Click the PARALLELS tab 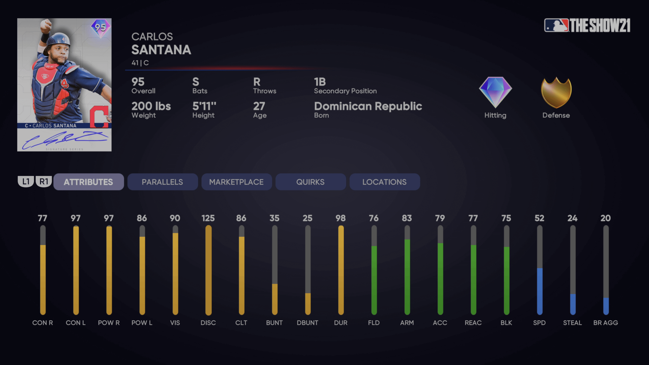(162, 182)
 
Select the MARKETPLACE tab (236, 182)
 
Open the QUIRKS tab (310, 182)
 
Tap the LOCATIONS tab (384, 182)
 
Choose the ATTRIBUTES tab (88, 182)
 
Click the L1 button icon (26, 182)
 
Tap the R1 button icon (44, 182)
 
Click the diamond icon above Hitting (495, 92)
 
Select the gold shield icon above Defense (556, 93)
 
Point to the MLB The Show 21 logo (587, 25)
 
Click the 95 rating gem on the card (100, 28)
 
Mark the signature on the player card (65, 139)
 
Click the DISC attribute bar (208, 270)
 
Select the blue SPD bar (539, 291)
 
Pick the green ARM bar (407, 276)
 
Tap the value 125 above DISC (208, 218)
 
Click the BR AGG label (605, 323)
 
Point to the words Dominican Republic (368, 106)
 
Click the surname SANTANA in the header (161, 50)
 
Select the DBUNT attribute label (307, 323)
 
